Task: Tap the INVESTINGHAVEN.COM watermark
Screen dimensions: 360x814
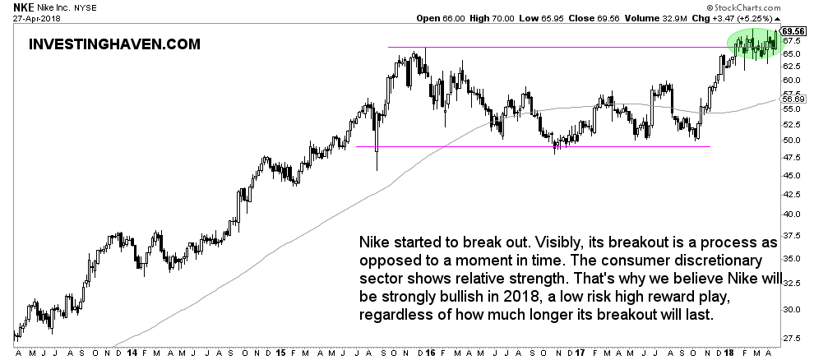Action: click(114, 44)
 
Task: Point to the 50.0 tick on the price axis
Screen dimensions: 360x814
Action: click(791, 140)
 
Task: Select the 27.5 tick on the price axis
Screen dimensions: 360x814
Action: click(791, 338)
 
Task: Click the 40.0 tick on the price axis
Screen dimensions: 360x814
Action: click(791, 214)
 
